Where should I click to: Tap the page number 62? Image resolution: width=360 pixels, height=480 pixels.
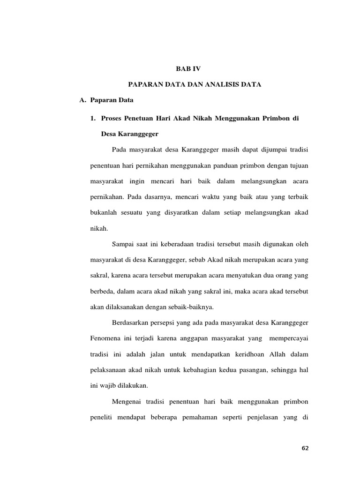(306, 448)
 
